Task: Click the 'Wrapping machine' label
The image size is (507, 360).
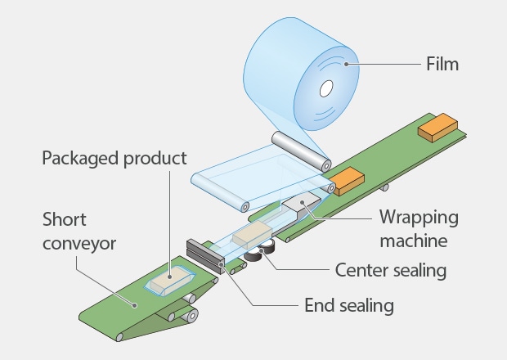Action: (x=418, y=230)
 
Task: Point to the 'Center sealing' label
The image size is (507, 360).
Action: (x=392, y=268)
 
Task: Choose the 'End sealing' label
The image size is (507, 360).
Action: (x=348, y=306)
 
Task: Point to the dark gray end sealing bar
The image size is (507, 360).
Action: (x=205, y=256)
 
